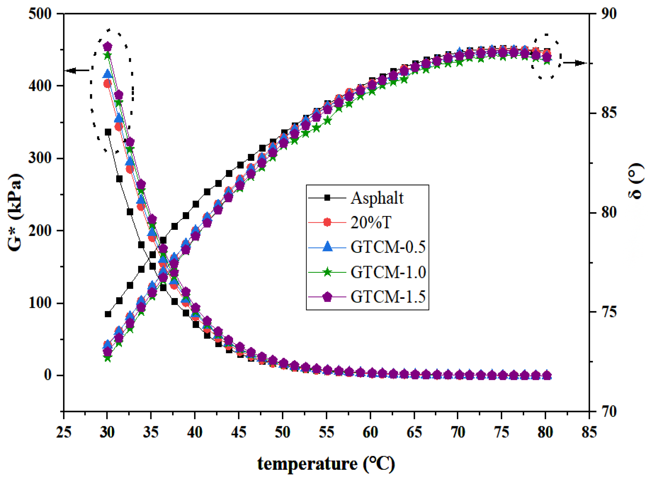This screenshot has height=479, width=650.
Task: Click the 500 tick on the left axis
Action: click(x=40, y=14)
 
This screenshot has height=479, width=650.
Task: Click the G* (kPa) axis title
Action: click(x=15, y=213)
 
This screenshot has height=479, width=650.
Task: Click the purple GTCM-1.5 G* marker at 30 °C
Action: click(x=108, y=46)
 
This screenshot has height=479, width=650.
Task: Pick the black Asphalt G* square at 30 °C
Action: click(x=108, y=132)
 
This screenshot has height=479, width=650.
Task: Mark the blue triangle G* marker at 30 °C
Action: click(x=108, y=74)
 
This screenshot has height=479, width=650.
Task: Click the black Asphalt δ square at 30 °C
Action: click(x=108, y=314)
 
